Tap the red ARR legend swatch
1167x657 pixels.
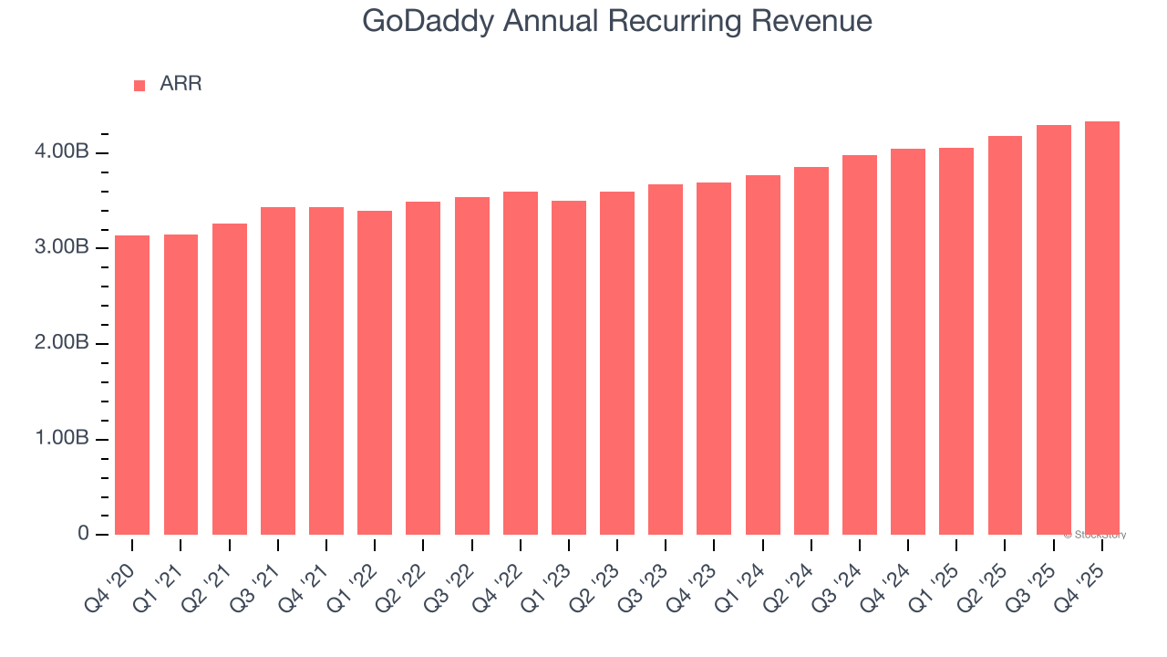point(139,85)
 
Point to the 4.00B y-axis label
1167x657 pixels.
point(63,151)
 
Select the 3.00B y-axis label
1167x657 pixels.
point(63,247)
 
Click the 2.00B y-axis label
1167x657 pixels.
point(63,343)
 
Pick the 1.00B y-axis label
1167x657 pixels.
point(63,439)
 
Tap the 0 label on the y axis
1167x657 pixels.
point(83,534)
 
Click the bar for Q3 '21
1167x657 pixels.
point(278,370)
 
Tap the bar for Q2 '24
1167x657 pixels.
point(811,351)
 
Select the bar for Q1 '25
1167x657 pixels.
point(956,341)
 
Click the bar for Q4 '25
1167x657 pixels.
point(1102,328)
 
